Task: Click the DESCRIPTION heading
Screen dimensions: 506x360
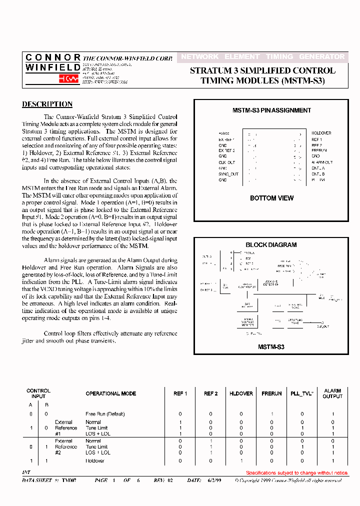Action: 47,104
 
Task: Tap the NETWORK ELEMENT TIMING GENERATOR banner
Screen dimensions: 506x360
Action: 262,57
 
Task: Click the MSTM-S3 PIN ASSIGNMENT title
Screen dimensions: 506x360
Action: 271,110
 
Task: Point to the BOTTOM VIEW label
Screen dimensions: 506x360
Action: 271,198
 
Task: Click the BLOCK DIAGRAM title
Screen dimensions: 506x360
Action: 271,245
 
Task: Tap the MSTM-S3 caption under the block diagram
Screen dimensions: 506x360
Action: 271,346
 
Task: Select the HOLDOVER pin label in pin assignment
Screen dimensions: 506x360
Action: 321,133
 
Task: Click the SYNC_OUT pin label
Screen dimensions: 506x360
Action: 228,174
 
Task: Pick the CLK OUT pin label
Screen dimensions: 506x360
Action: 226,162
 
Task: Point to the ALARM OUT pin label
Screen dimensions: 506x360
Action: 322,162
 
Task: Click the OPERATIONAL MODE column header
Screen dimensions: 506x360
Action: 110,393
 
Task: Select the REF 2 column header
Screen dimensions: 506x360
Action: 210,393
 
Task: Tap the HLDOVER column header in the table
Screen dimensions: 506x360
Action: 241,393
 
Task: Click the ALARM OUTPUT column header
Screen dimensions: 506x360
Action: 332,393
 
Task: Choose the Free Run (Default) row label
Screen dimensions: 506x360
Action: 105,414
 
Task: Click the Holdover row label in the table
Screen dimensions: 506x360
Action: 95,460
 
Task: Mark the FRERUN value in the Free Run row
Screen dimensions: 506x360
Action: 271,414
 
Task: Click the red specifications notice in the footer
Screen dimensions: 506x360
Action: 297,472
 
